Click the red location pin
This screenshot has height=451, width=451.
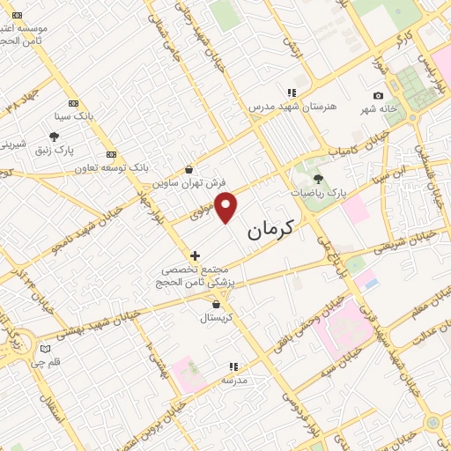[x=226, y=207]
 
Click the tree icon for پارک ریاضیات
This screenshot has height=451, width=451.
[x=318, y=180]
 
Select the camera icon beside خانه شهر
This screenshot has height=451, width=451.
[x=379, y=95]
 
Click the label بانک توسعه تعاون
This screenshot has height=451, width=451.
[x=110, y=166]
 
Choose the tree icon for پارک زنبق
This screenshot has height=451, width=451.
[x=55, y=137]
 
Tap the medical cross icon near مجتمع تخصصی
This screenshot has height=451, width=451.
[x=195, y=255]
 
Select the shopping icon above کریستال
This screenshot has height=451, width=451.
[x=216, y=304]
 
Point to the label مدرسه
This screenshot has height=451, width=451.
[x=233, y=380]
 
